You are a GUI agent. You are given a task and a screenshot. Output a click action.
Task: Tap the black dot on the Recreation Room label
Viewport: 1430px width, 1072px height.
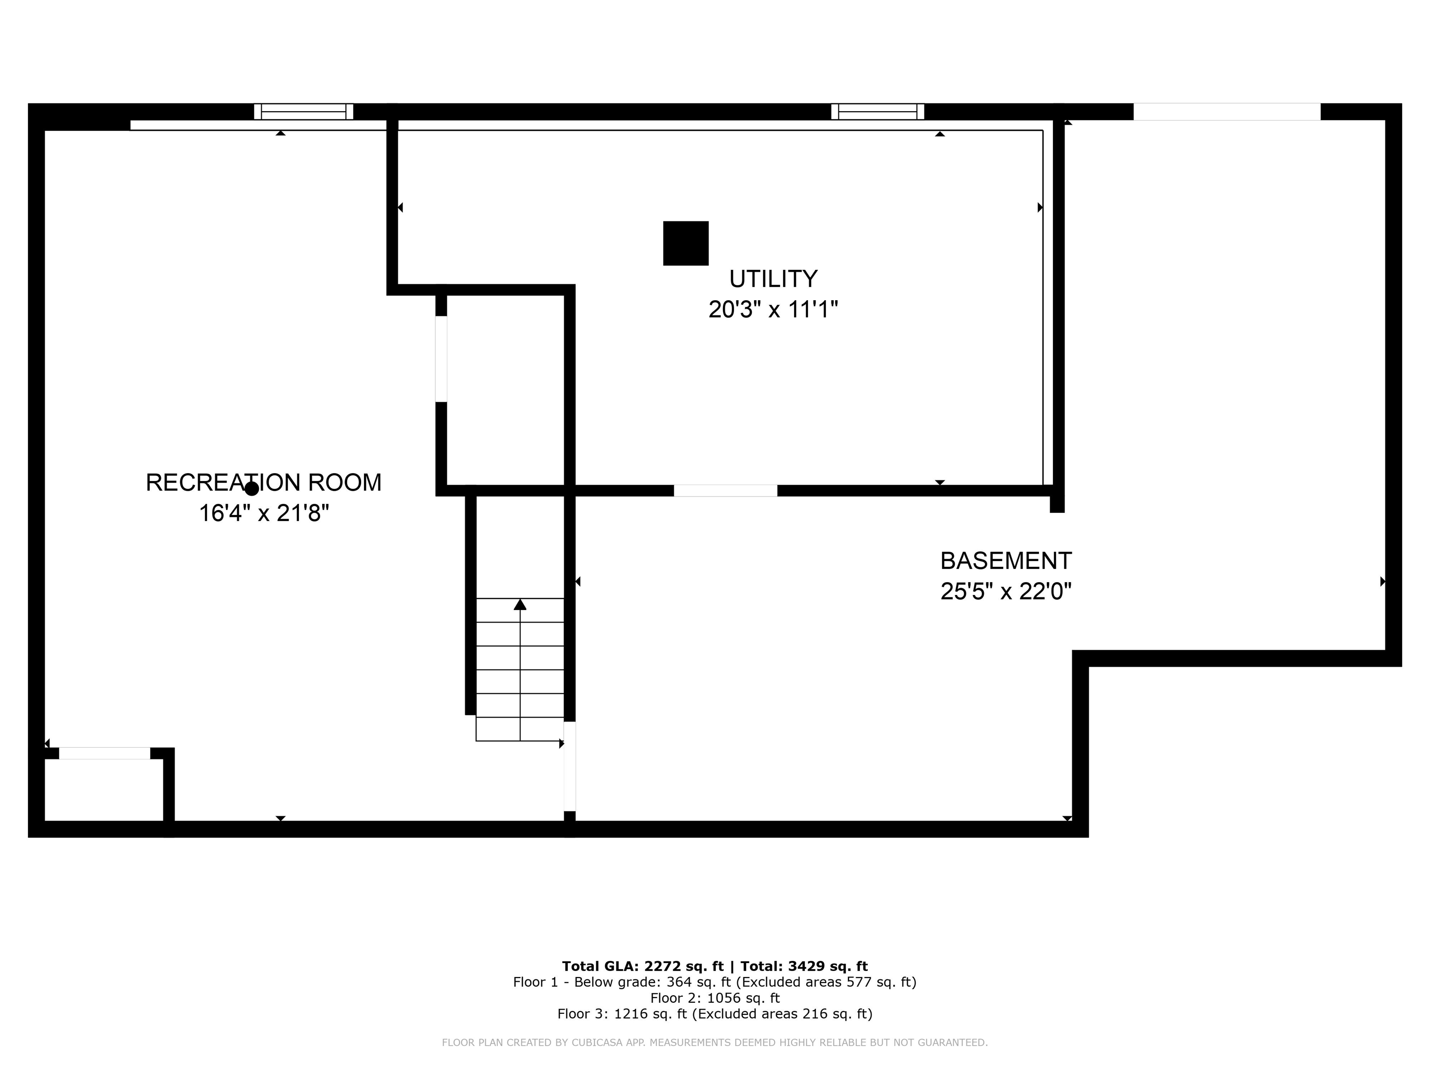tap(251, 489)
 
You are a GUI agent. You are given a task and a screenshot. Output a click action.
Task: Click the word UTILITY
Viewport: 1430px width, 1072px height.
tap(773, 279)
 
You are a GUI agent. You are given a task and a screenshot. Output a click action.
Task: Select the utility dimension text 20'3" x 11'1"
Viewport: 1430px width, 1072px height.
tap(773, 309)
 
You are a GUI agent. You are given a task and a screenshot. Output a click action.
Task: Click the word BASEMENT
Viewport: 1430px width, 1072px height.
tap(1005, 560)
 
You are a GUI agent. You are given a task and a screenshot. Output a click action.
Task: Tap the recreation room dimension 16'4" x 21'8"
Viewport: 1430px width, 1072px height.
tap(264, 513)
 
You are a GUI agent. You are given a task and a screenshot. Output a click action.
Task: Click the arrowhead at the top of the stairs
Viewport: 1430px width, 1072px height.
tap(520, 605)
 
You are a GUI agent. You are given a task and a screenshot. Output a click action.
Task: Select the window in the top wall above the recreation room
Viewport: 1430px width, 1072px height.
tap(303, 112)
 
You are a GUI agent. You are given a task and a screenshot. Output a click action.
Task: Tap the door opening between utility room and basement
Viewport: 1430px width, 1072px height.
tap(725, 490)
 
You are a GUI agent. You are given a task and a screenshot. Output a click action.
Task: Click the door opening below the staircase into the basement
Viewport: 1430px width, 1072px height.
tap(570, 766)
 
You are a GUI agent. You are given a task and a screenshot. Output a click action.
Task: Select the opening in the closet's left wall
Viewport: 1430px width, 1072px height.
tap(441, 359)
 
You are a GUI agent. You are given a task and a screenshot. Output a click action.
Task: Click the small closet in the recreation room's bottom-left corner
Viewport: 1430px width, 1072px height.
tap(103, 790)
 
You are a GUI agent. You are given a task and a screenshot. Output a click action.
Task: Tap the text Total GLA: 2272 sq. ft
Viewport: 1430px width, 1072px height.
tap(642, 966)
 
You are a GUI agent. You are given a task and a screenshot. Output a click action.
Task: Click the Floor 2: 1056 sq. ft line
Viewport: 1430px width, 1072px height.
tap(715, 998)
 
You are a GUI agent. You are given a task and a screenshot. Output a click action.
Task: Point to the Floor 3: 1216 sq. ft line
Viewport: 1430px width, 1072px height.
tap(715, 1014)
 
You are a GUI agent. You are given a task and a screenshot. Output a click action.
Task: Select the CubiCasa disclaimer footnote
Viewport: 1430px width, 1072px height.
tap(715, 1042)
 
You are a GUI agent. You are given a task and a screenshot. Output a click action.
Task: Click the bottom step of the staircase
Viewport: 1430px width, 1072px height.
tap(520, 729)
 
